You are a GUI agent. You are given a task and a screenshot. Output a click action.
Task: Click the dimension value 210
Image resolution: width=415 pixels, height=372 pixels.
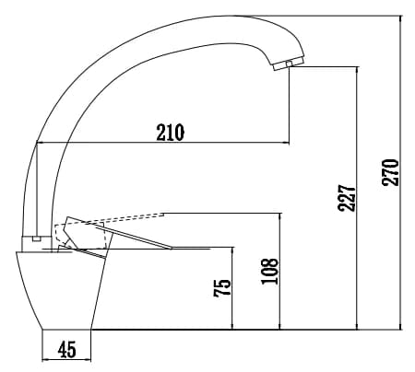point(171,133)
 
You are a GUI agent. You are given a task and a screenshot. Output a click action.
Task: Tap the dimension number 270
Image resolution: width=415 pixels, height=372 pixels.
point(390,172)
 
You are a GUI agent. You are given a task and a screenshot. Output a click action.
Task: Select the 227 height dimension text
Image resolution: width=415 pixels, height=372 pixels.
point(347,198)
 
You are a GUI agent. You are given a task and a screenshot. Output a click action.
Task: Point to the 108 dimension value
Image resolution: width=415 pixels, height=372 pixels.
point(269,271)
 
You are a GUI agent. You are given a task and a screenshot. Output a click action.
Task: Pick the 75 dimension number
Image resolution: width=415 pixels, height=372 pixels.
point(222,287)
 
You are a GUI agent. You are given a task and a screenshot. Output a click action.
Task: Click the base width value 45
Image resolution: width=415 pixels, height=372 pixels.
point(66,349)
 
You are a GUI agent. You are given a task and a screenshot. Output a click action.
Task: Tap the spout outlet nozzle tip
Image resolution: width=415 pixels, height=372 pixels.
point(288,64)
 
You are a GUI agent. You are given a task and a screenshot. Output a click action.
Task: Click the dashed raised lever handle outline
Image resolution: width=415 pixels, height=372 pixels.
point(109,228)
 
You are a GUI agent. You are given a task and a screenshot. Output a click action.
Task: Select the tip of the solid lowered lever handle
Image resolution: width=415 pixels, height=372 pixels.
point(172,248)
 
